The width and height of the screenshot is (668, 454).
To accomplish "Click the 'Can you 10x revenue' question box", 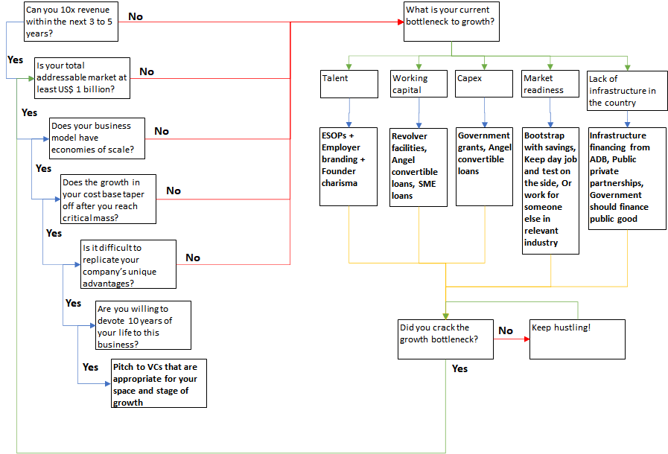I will [71, 22].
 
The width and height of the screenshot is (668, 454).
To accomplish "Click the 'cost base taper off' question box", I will [108, 199].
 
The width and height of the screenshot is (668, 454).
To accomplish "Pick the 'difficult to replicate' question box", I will [129, 263].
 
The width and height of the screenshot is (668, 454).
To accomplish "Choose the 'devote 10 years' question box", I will [143, 325].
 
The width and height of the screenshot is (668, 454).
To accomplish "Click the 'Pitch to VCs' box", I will [159, 383].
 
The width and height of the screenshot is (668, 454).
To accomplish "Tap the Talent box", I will [349, 83].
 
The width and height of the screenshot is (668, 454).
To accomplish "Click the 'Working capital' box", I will [419, 83].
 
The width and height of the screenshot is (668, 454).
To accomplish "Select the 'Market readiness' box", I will [550, 83].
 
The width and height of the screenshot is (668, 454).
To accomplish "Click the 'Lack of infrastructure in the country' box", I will [627, 90].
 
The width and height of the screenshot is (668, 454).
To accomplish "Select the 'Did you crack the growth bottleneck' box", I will [446, 339].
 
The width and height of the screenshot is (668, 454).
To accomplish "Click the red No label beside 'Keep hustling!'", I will [506, 330].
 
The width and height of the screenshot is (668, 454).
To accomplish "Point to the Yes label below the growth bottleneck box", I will [460, 368].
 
